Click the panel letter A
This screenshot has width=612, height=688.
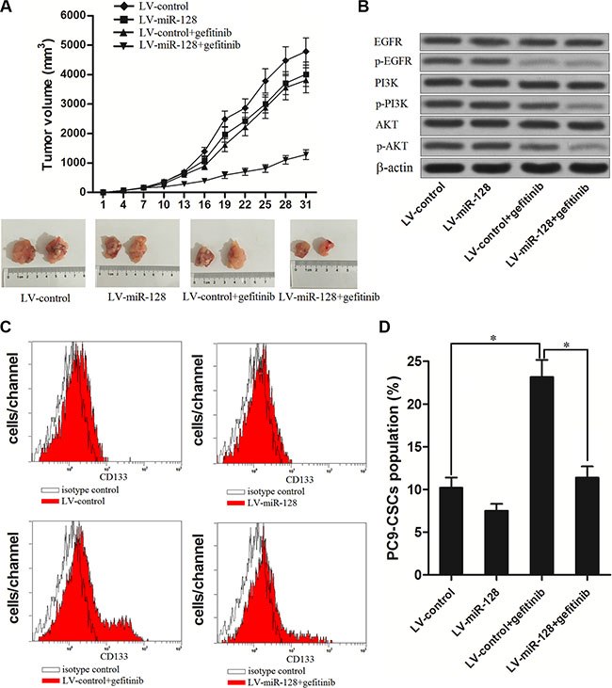8,8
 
